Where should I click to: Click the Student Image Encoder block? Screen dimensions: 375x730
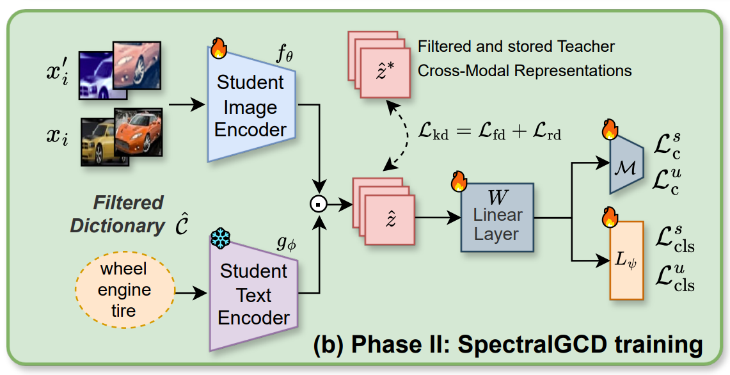251,106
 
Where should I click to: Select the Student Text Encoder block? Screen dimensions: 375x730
253,294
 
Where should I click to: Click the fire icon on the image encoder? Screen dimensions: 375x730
218,48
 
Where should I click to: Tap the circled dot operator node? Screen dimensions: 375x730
318,204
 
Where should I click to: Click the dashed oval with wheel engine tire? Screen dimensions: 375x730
124,290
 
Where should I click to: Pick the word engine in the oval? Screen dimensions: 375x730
125,290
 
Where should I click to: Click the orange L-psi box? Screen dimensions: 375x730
626,260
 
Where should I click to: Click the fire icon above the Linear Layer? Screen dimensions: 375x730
459,181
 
